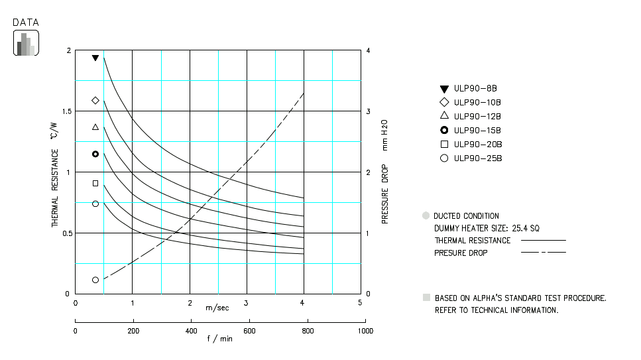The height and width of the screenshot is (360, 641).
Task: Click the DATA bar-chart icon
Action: [26, 43]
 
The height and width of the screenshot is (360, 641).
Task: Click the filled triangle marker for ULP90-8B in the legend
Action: [444, 89]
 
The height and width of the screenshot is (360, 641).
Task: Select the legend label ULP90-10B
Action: [477, 103]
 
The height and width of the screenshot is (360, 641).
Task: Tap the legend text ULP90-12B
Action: [477, 117]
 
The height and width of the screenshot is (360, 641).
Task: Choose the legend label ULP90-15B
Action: [477, 131]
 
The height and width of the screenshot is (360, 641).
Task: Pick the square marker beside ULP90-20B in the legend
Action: [444, 145]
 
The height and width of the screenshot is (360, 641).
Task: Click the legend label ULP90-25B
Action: [477, 158]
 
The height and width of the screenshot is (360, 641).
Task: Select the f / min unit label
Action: [219, 339]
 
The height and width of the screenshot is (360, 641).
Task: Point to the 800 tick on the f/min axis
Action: [306, 330]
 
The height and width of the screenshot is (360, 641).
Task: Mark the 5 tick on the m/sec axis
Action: [360, 303]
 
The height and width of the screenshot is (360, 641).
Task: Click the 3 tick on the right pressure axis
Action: [369, 111]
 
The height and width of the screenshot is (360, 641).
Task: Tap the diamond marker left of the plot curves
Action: [95, 100]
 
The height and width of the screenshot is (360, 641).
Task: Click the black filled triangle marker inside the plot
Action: [95, 58]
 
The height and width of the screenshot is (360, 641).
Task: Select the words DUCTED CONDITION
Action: [466, 216]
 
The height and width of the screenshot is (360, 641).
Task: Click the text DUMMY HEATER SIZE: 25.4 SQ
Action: [487, 228]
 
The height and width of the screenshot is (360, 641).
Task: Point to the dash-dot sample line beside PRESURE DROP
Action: [544, 253]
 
